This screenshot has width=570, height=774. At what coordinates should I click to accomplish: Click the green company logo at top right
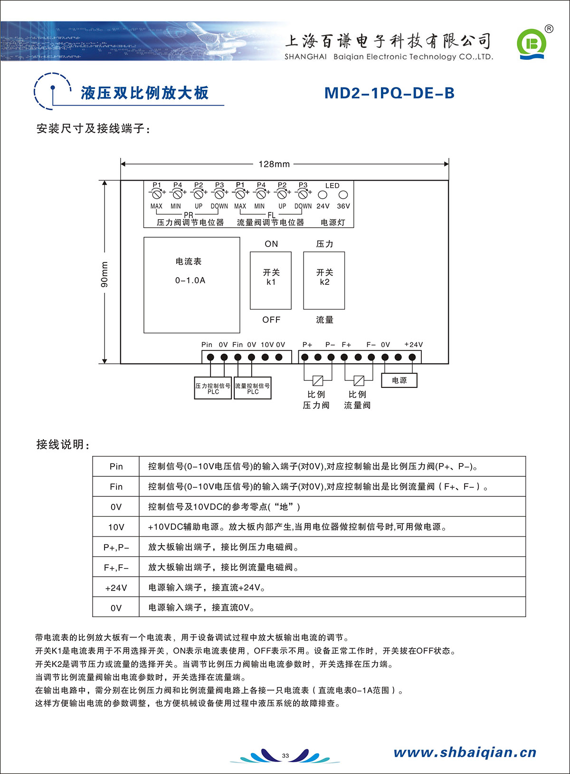(x=532, y=44)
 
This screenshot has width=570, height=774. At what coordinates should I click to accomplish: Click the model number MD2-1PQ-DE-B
(x=389, y=93)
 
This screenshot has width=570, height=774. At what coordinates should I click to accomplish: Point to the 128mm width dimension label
(x=274, y=164)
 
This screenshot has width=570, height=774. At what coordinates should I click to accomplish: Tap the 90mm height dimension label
(x=104, y=275)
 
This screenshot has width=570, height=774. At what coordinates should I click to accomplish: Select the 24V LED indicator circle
(x=323, y=194)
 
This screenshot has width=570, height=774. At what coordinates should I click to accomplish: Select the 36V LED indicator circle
(x=343, y=194)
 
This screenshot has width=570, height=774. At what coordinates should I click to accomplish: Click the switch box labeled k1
(x=271, y=280)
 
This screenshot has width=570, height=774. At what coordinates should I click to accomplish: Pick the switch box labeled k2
(x=324, y=280)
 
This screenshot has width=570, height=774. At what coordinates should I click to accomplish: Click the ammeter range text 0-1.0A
(x=190, y=281)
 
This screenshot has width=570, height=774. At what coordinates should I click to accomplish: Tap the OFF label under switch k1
(x=271, y=320)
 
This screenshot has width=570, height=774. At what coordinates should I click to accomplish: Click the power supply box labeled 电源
(x=399, y=380)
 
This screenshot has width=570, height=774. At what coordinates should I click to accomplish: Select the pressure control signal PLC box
(x=213, y=388)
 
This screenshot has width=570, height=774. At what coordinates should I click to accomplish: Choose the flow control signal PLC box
(x=252, y=388)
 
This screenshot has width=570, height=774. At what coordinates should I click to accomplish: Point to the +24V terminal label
(x=413, y=345)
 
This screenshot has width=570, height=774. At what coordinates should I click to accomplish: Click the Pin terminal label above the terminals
(x=207, y=345)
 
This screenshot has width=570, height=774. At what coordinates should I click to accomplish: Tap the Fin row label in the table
(x=116, y=487)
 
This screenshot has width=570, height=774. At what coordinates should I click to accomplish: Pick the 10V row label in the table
(x=116, y=527)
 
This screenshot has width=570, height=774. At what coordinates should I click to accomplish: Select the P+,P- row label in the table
(x=116, y=547)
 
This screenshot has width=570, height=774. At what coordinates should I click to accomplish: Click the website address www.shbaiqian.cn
(x=465, y=752)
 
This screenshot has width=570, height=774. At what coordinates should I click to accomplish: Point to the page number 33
(x=285, y=755)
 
